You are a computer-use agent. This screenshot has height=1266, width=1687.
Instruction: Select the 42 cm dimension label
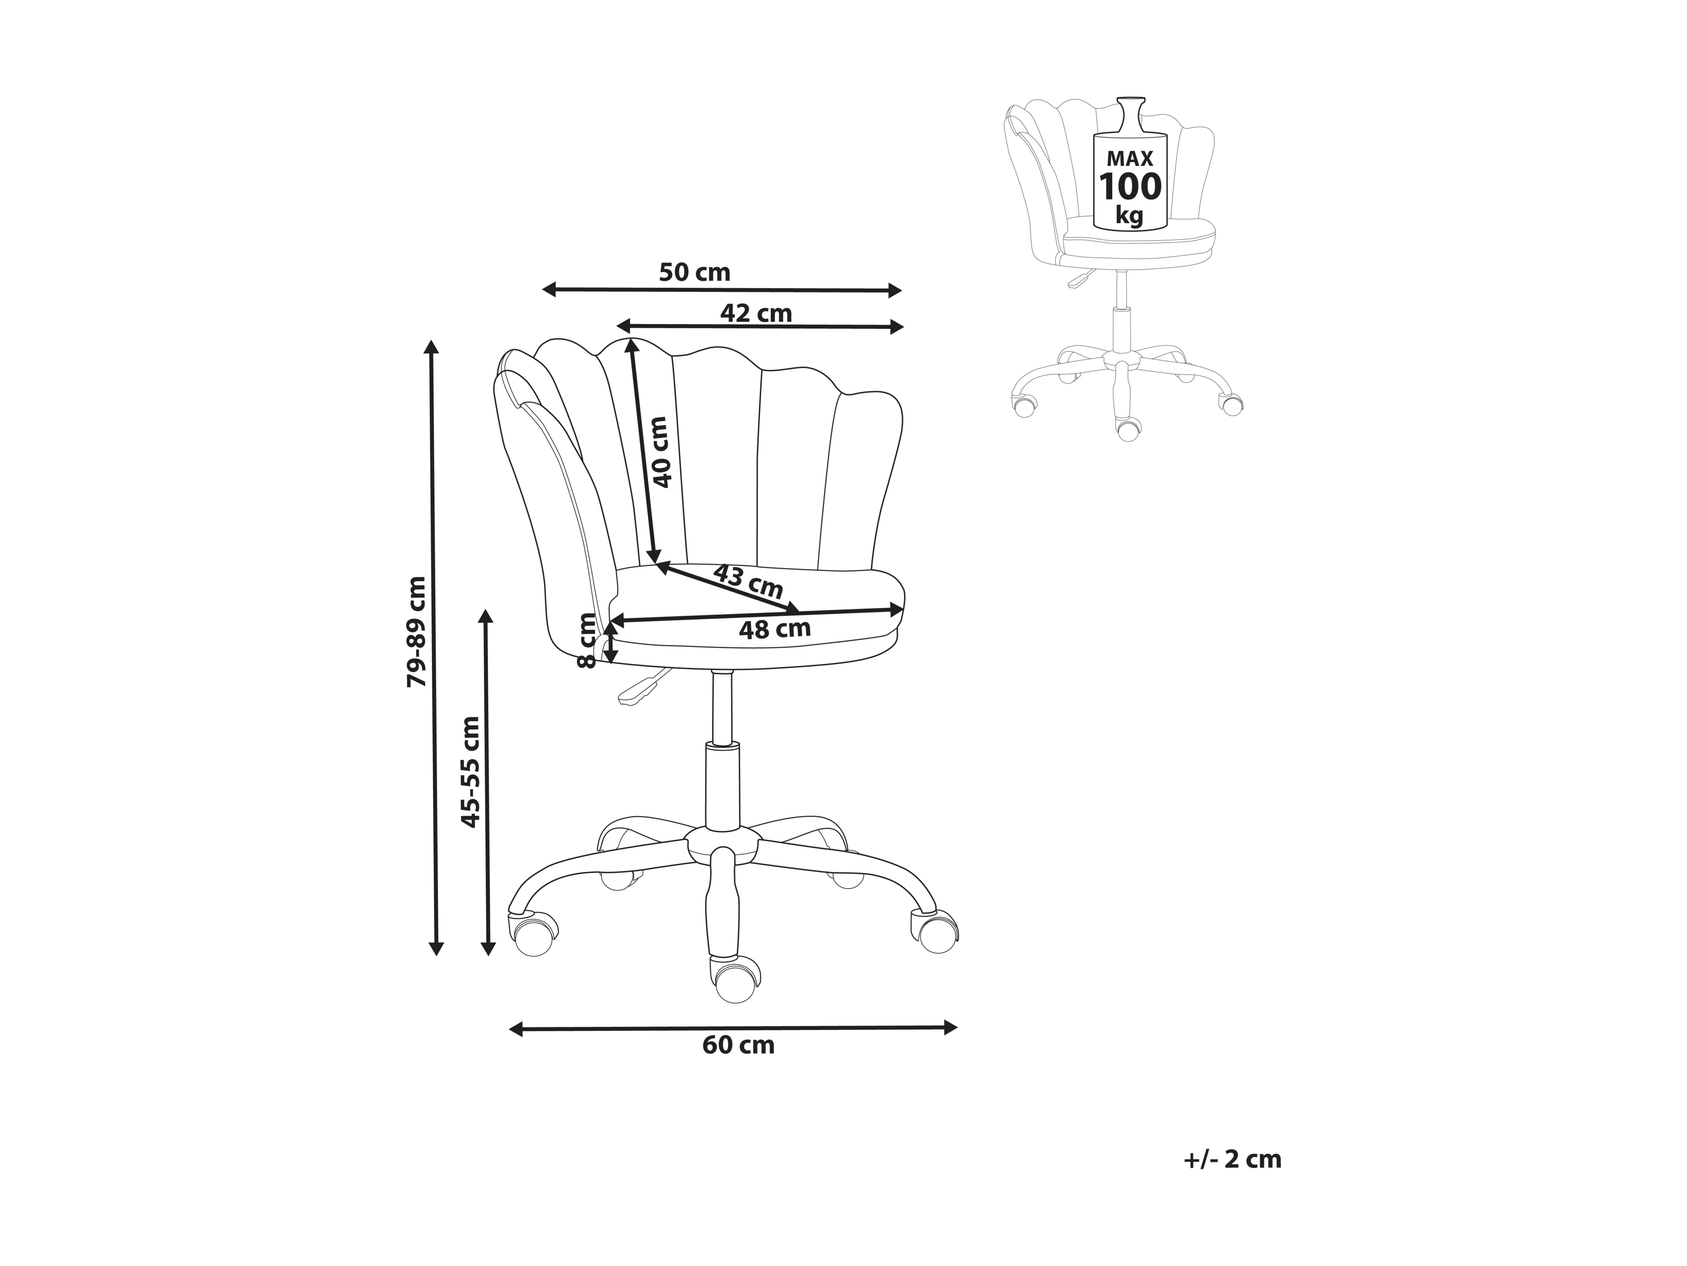(756, 313)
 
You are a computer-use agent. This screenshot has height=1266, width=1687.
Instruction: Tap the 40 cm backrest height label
(660, 452)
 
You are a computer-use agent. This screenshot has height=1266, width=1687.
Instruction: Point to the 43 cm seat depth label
(747, 581)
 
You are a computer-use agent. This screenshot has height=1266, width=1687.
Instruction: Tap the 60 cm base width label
(738, 1045)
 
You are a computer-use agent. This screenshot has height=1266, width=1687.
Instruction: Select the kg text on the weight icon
(1129, 215)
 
